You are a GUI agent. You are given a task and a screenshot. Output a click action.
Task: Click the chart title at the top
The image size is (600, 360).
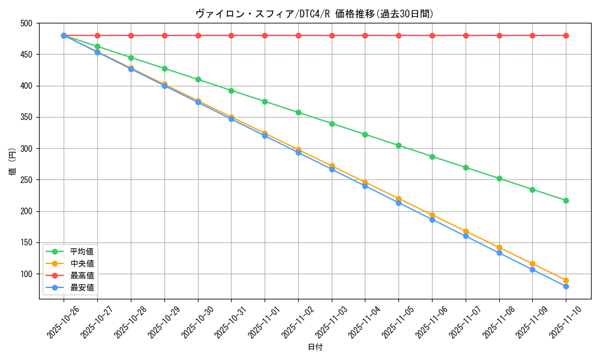pyautogui.click(x=314, y=14)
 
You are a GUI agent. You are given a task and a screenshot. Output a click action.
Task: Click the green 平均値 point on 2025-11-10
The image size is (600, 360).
pyautogui.click(x=566, y=200)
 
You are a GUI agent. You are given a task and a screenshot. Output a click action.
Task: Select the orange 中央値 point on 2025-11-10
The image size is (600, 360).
pyautogui.click(x=566, y=280)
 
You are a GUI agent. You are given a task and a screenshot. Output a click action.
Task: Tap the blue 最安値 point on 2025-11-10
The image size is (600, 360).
pyautogui.click(x=566, y=286)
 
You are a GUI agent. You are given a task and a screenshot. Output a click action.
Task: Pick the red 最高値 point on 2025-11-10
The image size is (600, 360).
pyautogui.click(x=566, y=35)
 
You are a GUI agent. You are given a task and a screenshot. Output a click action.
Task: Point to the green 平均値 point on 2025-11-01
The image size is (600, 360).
pyautogui.click(x=265, y=101)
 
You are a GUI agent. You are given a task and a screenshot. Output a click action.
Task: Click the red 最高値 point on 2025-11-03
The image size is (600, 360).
pyautogui.click(x=332, y=35)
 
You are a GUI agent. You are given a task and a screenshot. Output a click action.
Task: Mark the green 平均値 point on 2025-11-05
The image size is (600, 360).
pyautogui.click(x=398, y=145)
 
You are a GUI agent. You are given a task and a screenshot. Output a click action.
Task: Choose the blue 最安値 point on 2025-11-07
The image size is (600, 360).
pyautogui.click(x=466, y=236)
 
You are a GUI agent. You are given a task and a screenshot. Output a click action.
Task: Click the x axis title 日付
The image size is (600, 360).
pyautogui.click(x=315, y=347)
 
